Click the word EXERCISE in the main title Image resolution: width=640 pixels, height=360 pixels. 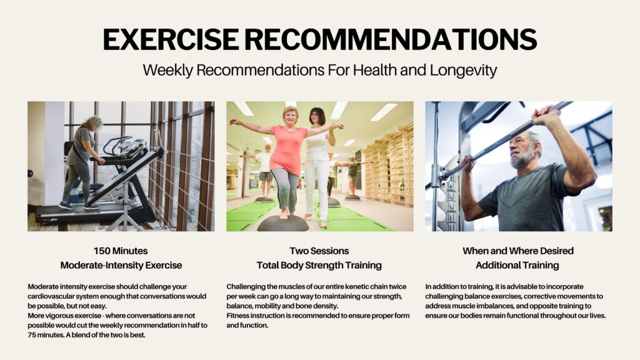tap(171, 39)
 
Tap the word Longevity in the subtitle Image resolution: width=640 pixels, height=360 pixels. tap(463, 70)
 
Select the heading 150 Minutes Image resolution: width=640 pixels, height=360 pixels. tap(121, 251)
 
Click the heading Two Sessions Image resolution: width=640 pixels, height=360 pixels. tap(319, 251)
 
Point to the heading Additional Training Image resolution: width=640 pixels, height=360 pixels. tap(517, 265)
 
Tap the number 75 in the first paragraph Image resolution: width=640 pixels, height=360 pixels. tap(32, 335)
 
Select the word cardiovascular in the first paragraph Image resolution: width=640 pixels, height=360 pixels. tap(50, 296)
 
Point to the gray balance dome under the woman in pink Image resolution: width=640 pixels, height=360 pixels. tap(282, 223)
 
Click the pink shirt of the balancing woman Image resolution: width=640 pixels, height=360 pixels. tap(288, 149)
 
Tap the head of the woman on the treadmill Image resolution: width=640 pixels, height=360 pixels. tap(93, 123)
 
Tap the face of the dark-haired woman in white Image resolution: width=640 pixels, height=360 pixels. tap(315, 117)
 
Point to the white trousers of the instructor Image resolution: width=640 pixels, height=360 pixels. tap(317, 187)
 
